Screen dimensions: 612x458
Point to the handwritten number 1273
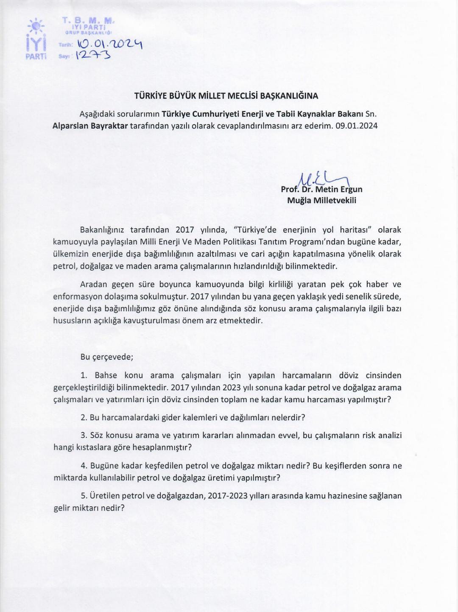pos(93,55)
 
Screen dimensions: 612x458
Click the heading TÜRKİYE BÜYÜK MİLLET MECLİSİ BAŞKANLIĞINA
pos(226,96)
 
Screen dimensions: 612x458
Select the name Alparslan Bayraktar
pos(90,126)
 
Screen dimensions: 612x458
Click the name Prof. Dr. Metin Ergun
pos(321,189)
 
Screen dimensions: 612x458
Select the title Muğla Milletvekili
pos(321,200)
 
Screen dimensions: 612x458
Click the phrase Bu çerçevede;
pos(107,357)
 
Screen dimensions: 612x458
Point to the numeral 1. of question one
pos(84,375)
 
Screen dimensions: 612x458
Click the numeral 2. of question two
pos(84,417)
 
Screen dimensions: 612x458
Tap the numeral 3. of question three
pos(84,435)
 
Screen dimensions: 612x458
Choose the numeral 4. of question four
pos(84,466)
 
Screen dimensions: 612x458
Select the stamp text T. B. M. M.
pos(88,20)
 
